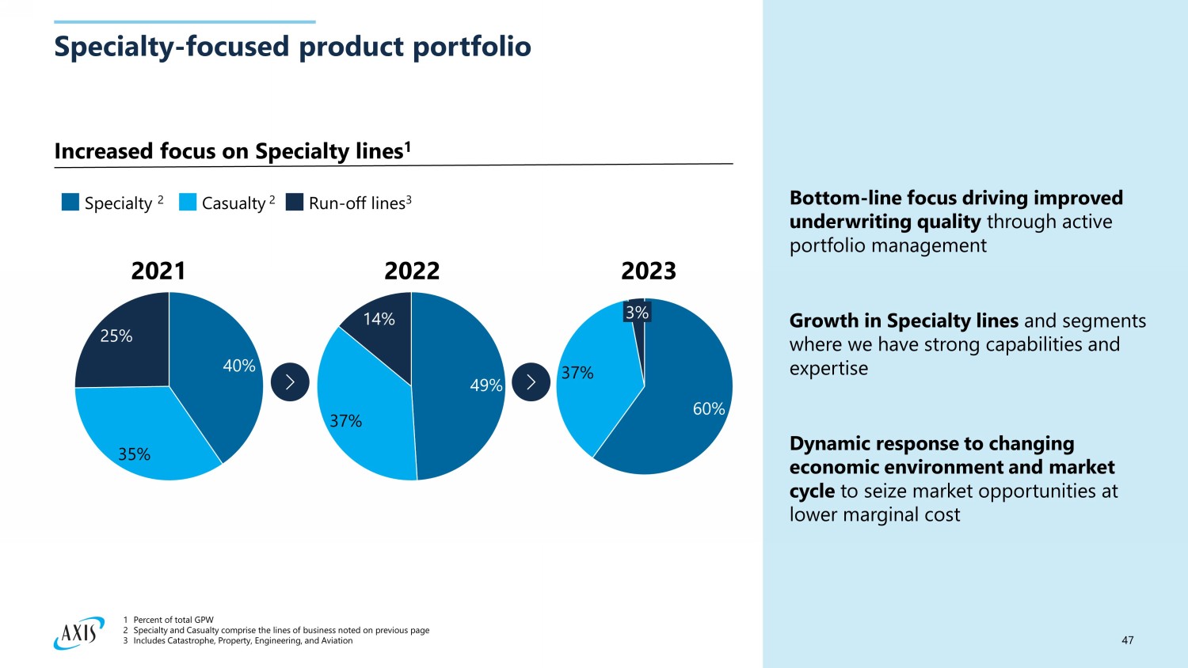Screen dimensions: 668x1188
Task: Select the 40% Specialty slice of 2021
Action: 218,372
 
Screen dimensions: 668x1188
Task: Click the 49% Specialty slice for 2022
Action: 459,388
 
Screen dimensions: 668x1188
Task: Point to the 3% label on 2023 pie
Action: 637,313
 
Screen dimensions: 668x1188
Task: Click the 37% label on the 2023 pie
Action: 577,373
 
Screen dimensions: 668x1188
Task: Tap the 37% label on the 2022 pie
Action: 345,421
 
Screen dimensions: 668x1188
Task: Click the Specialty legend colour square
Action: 70,203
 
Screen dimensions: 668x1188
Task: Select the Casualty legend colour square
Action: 188,203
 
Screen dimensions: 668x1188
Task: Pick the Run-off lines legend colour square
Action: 295,203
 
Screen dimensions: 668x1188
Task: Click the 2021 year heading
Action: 158,271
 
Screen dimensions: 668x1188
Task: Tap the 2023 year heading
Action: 648,271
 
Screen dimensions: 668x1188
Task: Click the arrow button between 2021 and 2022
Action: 290,382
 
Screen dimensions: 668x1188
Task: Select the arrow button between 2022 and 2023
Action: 531,382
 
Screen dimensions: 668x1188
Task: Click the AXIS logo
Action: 79,632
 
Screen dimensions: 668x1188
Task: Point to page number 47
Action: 1127,640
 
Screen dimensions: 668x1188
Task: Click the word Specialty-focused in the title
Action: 171,47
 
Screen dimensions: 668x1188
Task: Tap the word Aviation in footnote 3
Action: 336,641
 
